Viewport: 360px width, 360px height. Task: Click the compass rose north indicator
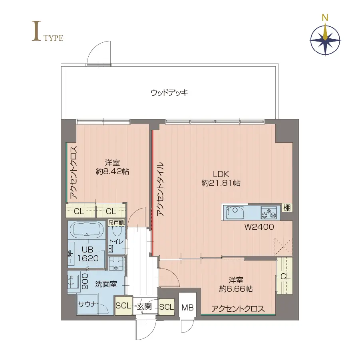[326, 18]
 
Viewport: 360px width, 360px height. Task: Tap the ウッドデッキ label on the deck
[169, 93]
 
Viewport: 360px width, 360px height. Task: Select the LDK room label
[221, 174]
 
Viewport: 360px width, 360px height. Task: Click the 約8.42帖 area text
[112, 172]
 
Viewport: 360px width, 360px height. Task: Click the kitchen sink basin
[235, 212]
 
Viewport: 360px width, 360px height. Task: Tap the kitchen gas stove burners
[269, 212]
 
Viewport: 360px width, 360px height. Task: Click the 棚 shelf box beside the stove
[286, 207]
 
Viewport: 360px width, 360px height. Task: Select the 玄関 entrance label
[144, 307]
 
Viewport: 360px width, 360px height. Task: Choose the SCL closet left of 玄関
[123, 306]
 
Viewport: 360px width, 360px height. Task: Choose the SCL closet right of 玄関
[166, 307]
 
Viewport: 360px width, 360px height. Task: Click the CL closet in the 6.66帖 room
[285, 276]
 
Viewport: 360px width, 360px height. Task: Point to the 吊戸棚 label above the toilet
[116, 223]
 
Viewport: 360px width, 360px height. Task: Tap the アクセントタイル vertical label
[160, 189]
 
